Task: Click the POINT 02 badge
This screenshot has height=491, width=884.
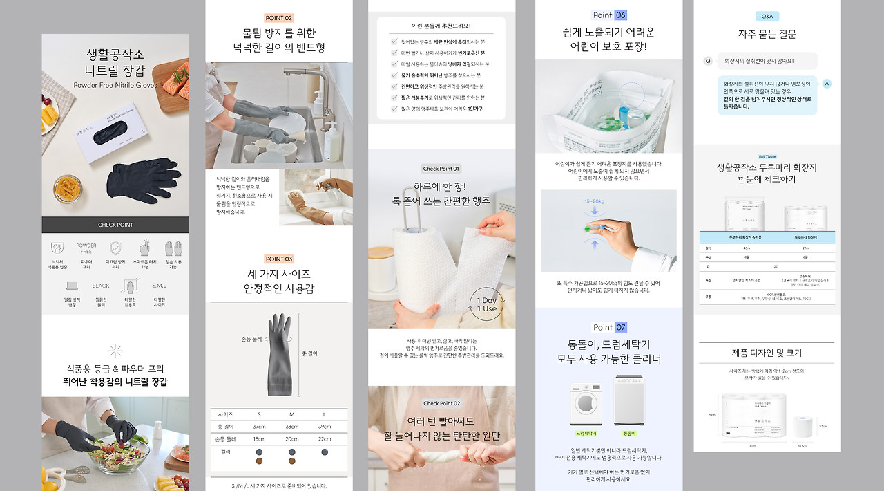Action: pyautogui.click(x=279, y=18)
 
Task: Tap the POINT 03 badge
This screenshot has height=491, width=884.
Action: pyautogui.click(x=279, y=259)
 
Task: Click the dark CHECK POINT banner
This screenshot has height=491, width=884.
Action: pyautogui.click(x=115, y=225)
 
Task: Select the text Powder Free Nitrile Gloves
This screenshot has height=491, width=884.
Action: pyautogui.click(x=115, y=86)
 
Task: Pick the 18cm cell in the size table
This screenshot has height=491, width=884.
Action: pyautogui.click(x=259, y=438)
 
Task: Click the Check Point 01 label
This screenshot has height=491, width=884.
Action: pyautogui.click(x=441, y=169)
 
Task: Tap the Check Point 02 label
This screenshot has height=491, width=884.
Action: pyautogui.click(x=441, y=403)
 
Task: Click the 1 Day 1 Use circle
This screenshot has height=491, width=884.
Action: pyautogui.click(x=487, y=304)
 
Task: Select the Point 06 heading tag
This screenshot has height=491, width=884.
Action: pyautogui.click(x=610, y=15)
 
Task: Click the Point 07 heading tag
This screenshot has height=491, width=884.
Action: pyautogui.click(x=610, y=327)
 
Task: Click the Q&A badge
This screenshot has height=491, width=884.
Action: pyautogui.click(x=767, y=17)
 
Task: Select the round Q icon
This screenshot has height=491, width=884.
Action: pyautogui.click(x=708, y=61)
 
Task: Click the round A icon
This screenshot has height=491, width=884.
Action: pyautogui.click(x=827, y=83)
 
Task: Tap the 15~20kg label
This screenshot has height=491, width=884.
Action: pyautogui.click(x=594, y=201)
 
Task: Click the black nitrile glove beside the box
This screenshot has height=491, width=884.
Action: pyautogui.click(x=144, y=180)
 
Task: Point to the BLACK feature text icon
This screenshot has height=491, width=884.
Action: pyautogui.click(x=101, y=286)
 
